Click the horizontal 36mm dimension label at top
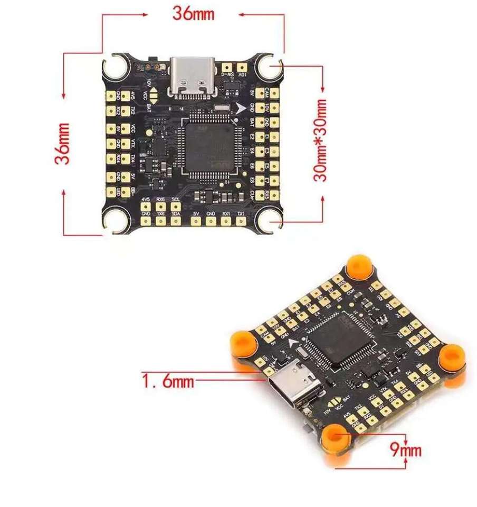(x=194, y=13)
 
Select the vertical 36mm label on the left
(x=63, y=143)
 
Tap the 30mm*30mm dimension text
(x=321, y=140)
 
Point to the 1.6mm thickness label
(x=168, y=380)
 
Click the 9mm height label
(x=406, y=450)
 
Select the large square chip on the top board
(x=209, y=145)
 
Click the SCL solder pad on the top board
(x=176, y=207)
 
